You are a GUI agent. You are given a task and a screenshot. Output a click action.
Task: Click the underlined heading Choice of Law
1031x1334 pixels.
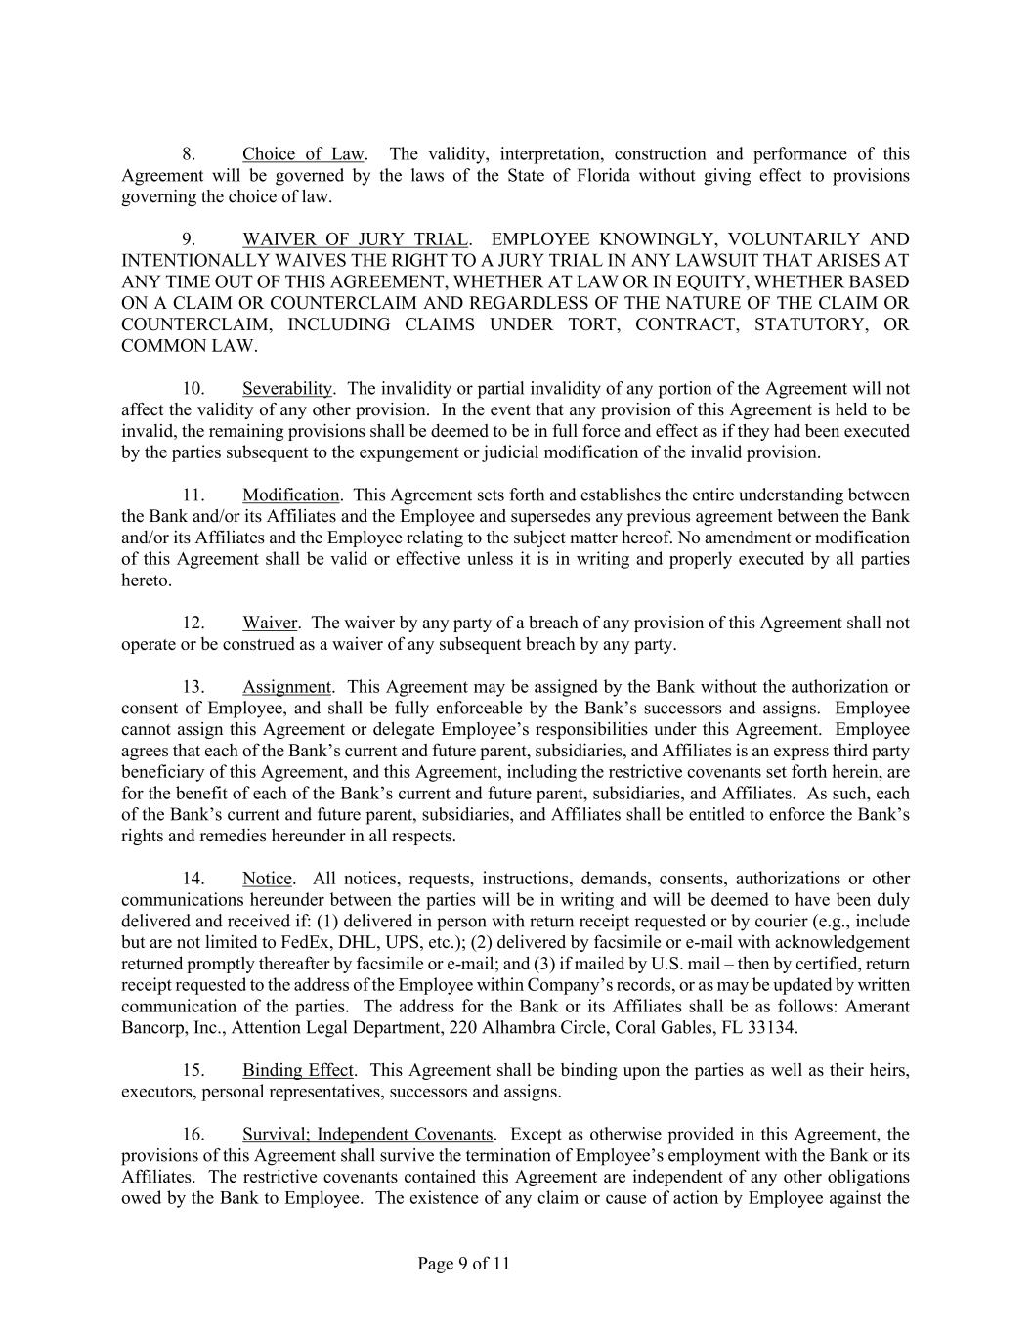click(303, 154)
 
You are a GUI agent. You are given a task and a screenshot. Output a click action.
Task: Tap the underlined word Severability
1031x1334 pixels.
click(287, 389)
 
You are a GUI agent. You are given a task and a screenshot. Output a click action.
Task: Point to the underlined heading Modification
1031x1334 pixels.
click(291, 495)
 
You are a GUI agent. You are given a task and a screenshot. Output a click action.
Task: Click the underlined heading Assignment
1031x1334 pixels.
click(287, 687)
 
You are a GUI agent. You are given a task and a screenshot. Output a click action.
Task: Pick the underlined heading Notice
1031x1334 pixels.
click(267, 879)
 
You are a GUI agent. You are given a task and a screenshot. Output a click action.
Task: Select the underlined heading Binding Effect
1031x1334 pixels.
click(298, 1071)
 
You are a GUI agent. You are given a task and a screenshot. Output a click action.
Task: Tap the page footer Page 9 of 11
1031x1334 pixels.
click(463, 1264)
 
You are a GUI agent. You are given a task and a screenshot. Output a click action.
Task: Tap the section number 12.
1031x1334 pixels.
click(193, 624)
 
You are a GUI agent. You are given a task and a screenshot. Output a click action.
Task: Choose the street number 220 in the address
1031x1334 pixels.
click(489, 1028)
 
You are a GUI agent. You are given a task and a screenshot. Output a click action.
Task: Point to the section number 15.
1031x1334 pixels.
click(193, 1071)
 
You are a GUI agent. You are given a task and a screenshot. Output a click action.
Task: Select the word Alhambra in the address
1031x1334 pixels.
click(543, 1028)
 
